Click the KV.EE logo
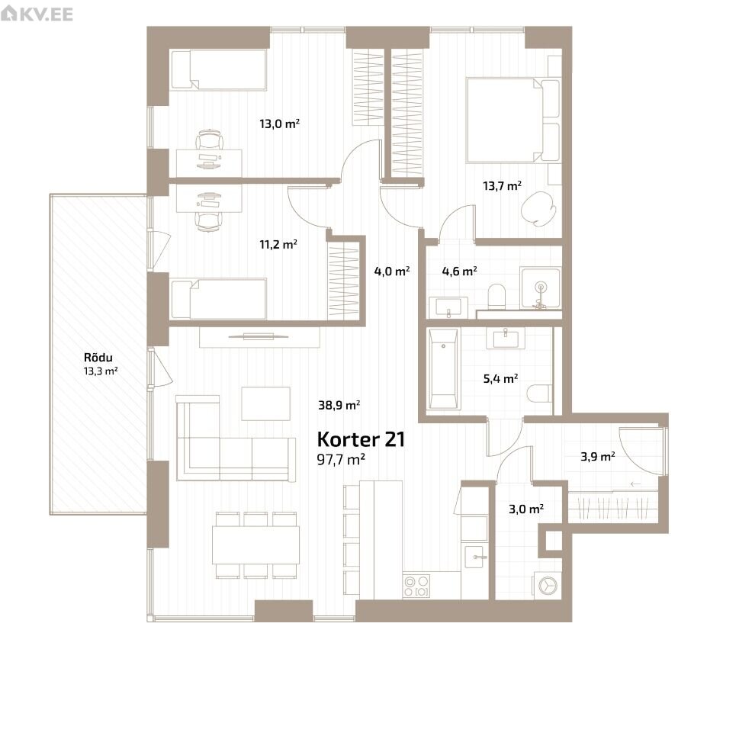(x=37, y=14)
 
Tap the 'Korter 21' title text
(x=361, y=439)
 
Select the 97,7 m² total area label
(x=341, y=459)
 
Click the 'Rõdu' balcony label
(x=98, y=357)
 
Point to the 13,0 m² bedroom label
(x=279, y=124)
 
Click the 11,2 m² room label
(x=278, y=244)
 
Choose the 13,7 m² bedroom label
(x=502, y=185)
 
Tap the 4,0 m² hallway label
(x=392, y=271)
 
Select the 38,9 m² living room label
(x=339, y=405)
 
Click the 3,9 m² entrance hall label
(x=598, y=456)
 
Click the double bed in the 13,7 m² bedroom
(x=512, y=120)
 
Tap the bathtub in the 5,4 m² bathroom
(x=443, y=368)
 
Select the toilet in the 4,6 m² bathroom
(x=496, y=297)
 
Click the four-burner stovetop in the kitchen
(x=416, y=586)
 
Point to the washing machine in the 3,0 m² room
(x=548, y=586)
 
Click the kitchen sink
(x=475, y=557)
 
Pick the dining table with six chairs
(x=256, y=545)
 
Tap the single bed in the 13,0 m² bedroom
(x=219, y=69)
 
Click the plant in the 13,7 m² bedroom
(x=538, y=208)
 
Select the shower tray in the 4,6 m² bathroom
(x=541, y=288)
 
